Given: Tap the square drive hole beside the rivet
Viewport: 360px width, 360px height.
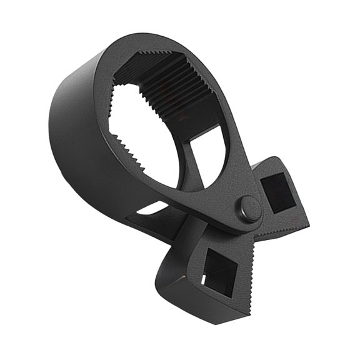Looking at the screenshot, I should [x=276, y=191].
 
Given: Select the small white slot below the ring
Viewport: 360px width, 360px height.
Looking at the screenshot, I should [x=146, y=209].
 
